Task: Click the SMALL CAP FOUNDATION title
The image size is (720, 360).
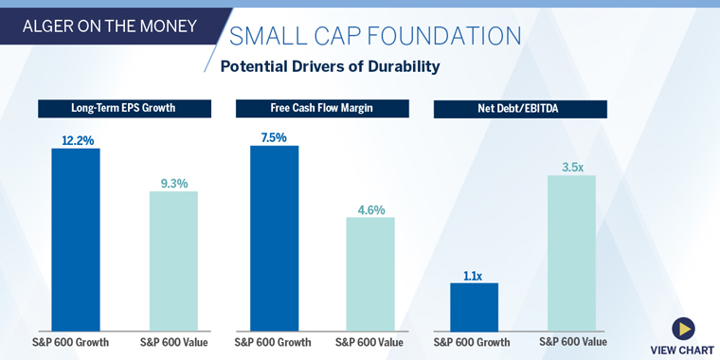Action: tap(375, 36)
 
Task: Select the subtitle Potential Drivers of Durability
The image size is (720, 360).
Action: tap(330, 66)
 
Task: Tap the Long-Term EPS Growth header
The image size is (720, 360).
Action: tap(123, 108)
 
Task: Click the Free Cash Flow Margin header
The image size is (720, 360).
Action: tap(322, 108)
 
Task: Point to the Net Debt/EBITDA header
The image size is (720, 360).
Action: tap(520, 109)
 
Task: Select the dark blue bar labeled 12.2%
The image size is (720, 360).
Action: tap(76, 238)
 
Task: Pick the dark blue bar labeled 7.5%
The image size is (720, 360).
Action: tap(274, 237)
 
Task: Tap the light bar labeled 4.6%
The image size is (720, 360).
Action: tap(370, 273)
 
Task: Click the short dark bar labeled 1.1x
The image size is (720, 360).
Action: tap(474, 305)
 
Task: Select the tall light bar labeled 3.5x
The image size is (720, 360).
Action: tap(571, 252)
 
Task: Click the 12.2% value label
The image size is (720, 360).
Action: tap(77, 140)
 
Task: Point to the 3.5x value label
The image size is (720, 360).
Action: tap(572, 167)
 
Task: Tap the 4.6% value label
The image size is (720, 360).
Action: tap(370, 209)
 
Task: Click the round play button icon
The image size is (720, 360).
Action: tap(683, 329)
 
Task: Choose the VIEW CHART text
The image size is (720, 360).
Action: tap(682, 351)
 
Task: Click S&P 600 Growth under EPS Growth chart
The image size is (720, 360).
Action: tap(76, 342)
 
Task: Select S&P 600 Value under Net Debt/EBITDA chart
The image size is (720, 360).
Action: tap(573, 341)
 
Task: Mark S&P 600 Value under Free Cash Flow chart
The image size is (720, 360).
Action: tap(370, 342)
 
